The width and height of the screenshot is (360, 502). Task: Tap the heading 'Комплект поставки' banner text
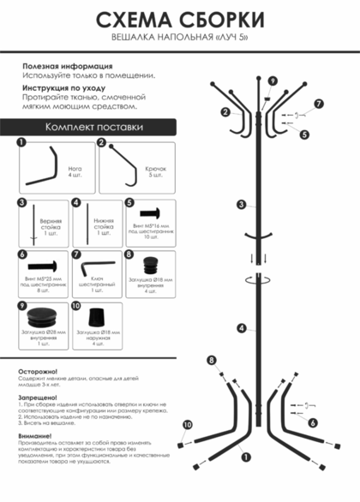click(94, 127)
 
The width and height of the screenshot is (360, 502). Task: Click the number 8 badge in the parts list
click(129, 254)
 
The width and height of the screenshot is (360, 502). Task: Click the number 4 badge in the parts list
click(75, 203)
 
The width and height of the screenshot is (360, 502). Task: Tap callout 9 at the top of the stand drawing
click(272, 81)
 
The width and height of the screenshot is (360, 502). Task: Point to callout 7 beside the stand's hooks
click(318, 105)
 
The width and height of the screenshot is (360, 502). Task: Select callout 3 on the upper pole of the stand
click(242, 205)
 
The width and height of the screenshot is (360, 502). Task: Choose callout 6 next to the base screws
click(312, 422)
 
